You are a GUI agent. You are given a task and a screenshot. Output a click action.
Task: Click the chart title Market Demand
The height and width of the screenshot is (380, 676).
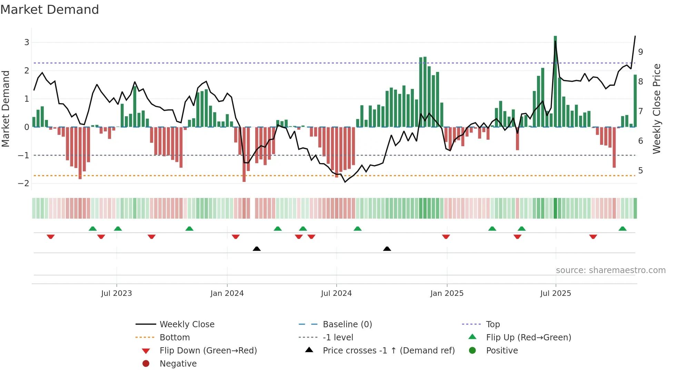50,10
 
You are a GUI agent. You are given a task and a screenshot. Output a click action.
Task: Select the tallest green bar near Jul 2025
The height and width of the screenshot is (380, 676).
555,81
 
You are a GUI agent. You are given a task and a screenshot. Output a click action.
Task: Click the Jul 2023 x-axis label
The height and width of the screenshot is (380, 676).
116,293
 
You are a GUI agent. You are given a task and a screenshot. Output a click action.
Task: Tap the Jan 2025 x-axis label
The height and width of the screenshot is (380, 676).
447,293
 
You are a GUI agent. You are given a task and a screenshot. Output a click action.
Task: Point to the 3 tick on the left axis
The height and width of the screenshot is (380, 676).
27,42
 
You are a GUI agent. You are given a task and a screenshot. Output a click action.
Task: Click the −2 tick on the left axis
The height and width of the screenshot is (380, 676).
24,183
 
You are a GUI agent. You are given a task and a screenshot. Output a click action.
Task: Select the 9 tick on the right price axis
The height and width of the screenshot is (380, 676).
640,52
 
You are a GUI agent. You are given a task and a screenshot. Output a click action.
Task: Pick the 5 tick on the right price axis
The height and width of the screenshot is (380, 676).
640,171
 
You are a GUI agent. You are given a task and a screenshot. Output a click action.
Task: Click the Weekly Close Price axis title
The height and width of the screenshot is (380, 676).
657,109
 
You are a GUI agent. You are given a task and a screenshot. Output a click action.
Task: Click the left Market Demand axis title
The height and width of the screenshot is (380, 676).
6,109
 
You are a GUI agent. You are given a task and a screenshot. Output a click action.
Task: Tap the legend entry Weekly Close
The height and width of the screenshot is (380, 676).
187,324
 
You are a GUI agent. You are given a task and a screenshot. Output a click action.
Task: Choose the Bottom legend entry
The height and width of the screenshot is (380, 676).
175,338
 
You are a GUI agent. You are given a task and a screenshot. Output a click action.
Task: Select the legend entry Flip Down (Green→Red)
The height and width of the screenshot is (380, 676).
208,351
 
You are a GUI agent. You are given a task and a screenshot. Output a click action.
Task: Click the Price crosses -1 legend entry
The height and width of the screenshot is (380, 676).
388,351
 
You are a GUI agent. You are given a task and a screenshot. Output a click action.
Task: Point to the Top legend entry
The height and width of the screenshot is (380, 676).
493,324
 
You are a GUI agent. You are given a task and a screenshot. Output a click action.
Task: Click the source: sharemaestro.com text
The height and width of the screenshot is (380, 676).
610,270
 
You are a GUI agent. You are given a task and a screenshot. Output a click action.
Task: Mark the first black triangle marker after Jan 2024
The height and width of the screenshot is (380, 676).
257,249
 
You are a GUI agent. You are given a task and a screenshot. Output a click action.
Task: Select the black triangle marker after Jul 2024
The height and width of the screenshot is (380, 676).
387,249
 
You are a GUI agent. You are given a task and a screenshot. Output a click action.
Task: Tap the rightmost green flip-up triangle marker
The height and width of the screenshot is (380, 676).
623,229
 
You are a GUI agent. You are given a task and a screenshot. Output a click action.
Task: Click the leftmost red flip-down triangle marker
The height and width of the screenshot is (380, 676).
51,237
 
